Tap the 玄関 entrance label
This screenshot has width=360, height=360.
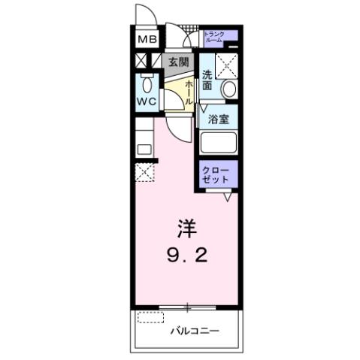[x=177, y=62]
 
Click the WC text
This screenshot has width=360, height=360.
[x=147, y=100]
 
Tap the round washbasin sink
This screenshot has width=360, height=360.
[x=228, y=89]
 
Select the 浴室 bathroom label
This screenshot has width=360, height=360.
[x=218, y=118]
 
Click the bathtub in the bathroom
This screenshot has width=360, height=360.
[x=218, y=143]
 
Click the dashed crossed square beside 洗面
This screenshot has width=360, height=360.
[x=225, y=66]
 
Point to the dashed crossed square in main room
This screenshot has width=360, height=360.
[x=145, y=173]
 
